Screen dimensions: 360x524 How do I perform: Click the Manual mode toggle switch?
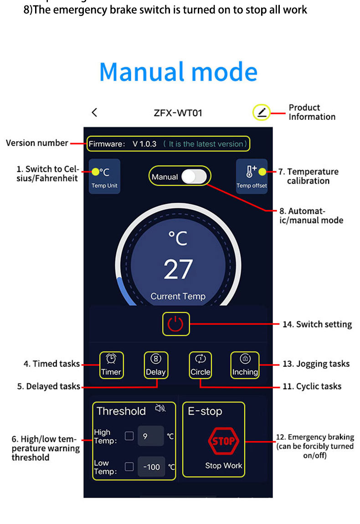[194, 177]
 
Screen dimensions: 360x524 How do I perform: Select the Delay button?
[156, 365]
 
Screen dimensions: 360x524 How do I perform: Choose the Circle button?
[201, 365]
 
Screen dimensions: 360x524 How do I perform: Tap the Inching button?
[245, 365]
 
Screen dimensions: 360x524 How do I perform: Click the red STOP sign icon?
[223, 441]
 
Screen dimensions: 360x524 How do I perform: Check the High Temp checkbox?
[129, 436]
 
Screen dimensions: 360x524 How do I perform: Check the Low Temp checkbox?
[129, 467]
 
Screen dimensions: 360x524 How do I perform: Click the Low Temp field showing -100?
[151, 467]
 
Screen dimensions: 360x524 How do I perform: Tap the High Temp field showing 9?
[150, 436]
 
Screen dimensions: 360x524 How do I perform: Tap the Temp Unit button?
[104, 176]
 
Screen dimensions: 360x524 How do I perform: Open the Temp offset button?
[252, 176]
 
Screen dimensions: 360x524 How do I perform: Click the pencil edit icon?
[262, 112]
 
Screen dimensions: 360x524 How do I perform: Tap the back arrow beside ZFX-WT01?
[94, 112]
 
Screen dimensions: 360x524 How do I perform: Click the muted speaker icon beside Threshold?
[160, 408]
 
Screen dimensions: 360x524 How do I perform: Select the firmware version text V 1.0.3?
[144, 144]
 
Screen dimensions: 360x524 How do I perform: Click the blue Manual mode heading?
[178, 72]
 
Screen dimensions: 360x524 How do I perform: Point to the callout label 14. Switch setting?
[324, 324]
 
